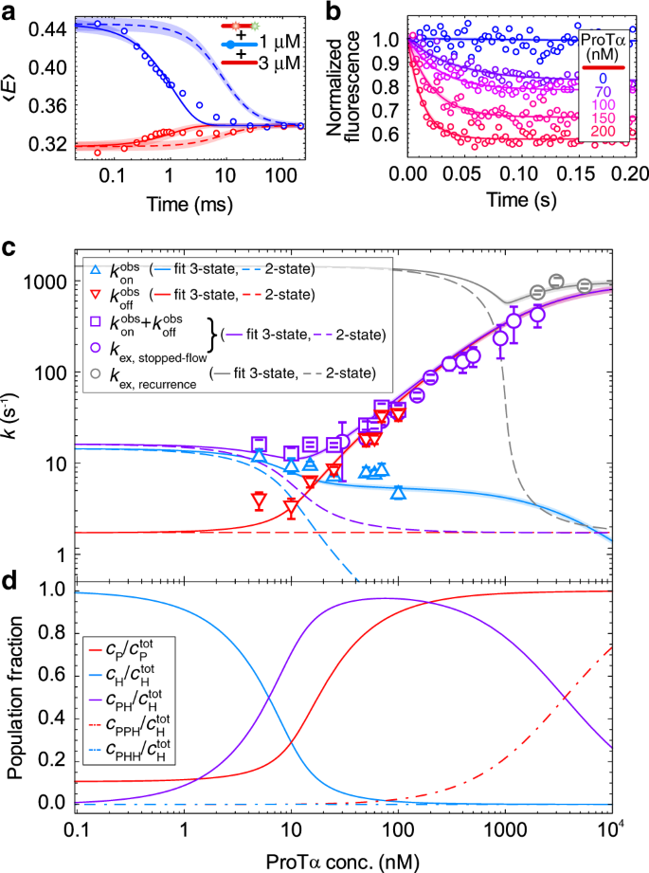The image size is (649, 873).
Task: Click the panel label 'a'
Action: point(9,10)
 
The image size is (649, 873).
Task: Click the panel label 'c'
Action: point(9,249)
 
